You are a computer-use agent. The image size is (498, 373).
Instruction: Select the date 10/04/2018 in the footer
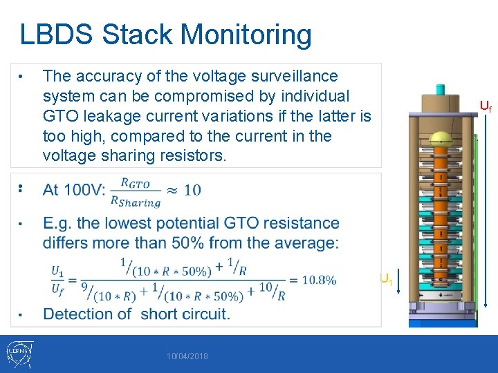click(x=187, y=356)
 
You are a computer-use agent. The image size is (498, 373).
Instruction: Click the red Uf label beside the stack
click(x=486, y=106)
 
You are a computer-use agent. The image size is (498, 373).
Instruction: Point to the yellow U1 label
click(x=386, y=279)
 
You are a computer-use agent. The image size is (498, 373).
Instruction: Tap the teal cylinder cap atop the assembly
click(x=439, y=90)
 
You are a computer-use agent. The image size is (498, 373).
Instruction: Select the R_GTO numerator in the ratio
click(x=136, y=182)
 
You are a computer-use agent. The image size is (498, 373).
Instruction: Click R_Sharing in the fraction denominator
click(x=136, y=202)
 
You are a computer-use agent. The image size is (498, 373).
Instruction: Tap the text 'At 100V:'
click(x=74, y=189)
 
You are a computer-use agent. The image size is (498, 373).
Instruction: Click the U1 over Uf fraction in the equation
click(x=58, y=280)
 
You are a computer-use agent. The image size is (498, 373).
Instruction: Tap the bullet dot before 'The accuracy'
click(x=22, y=76)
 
